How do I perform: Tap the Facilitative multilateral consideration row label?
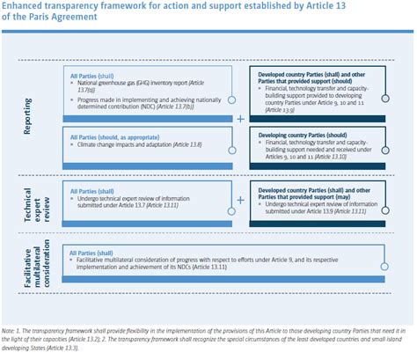(33, 270)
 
